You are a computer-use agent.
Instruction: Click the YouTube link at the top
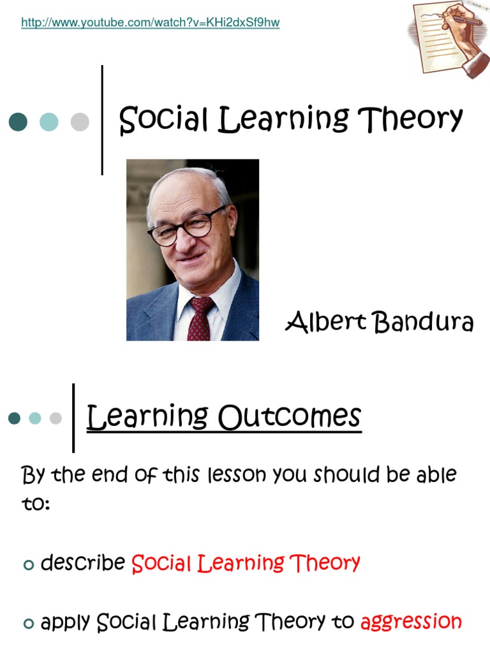(x=151, y=23)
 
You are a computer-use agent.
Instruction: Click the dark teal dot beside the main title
(x=18, y=122)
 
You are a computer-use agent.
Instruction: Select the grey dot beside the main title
(x=80, y=122)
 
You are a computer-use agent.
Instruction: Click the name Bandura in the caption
(x=424, y=323)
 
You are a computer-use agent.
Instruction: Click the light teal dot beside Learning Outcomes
(x=35, y=418)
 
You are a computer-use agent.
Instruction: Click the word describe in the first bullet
(x=82, y=563)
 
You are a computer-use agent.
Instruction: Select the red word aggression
(x=411, y=621)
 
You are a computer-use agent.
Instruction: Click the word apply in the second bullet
(x=66, y=622)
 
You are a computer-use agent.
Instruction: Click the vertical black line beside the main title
(x=102, y=120)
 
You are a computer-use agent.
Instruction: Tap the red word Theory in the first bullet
(x=325, y=563)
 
